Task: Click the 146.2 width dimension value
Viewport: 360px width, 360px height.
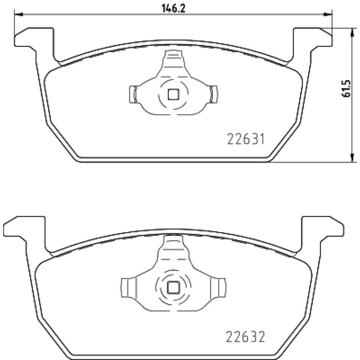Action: (x=173, y=8)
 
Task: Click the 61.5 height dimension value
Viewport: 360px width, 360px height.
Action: (x=346, y=88)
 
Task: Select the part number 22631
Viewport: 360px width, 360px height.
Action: (x=246, y=139)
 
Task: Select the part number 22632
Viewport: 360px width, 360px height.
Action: (x=245, y=337)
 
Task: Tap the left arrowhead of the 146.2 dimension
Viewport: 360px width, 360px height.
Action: (x=19, y=14)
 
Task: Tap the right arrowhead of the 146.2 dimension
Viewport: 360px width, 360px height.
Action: (x=328, y=14)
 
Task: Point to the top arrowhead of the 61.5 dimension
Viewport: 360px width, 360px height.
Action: (x=351, y=32)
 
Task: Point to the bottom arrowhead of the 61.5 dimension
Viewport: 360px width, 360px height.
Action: (x=351, y=158)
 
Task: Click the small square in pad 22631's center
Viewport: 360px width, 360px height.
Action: (x=173, y=94)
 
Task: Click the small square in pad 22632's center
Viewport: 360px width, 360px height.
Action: (x=173, y=288)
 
